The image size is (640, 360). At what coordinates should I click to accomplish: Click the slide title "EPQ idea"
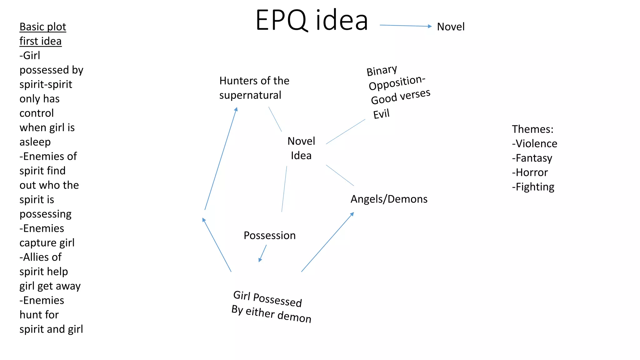pos(312,20)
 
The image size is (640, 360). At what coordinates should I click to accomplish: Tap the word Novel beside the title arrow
pos(451,27)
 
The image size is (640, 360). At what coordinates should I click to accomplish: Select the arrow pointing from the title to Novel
pos(405,26)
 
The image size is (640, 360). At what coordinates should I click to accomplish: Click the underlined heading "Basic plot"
pos(43,27)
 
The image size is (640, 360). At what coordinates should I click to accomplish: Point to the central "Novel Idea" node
pos(301,148)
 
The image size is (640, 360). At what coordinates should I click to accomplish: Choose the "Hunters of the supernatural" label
pos(254,88)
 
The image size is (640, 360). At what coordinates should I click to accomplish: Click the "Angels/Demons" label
pos(389,199)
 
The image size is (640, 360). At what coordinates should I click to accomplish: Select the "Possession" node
pos(269,235)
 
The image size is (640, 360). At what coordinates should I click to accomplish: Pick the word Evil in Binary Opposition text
pos(381,114)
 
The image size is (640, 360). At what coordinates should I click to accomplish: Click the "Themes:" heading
pos(532,129)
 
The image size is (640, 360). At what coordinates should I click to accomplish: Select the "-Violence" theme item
pos(534,143)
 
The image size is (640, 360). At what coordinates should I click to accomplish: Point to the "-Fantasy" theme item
pos(532,158)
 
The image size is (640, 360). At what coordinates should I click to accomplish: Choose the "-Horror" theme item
pos(530,172)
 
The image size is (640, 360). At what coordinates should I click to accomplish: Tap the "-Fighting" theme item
pos(533,187)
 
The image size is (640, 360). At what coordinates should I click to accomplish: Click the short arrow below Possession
pos(263,253)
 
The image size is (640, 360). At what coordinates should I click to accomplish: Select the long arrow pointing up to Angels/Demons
pos(327,242)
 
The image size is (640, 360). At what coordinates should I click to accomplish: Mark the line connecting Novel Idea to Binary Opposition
pos(345,132)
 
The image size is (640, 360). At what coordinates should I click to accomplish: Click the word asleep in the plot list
pos(35,142)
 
